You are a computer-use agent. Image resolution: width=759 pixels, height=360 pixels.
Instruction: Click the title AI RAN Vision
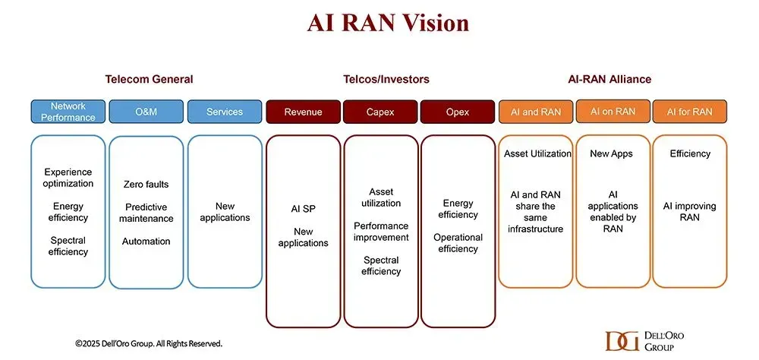coord(388,24)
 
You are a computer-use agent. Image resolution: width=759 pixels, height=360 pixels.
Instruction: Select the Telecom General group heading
coord(149,79)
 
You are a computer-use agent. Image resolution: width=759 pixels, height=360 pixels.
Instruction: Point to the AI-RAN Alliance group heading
coord(609,79)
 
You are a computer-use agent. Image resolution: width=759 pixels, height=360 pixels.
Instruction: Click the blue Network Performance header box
coord(68,112)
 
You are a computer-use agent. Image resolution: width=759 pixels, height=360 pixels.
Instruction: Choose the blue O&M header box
coord(146,112)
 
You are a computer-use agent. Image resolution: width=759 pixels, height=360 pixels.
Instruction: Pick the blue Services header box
coord(225,112)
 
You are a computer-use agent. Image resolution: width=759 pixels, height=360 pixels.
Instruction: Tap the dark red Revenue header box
coord(303,112)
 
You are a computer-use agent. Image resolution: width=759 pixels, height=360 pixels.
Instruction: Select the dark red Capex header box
coord(380,112)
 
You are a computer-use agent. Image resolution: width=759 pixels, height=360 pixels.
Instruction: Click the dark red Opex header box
coord(458,112)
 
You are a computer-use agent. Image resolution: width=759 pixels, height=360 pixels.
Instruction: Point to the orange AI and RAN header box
coord(536,112)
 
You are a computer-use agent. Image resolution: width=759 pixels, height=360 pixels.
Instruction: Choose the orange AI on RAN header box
coord(613,112)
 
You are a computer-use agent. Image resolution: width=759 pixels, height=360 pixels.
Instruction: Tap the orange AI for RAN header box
coord(690,112)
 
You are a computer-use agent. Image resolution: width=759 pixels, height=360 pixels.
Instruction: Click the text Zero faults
coord(146,184)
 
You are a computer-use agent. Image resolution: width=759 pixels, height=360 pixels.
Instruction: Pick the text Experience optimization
coord(68,178)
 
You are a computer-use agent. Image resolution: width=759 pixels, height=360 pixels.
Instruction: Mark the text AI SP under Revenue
coord(303,209)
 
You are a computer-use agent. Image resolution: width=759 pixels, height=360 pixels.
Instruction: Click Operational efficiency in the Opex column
coord(458,243)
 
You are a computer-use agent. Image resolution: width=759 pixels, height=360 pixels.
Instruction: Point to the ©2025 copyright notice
coord(149,343)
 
